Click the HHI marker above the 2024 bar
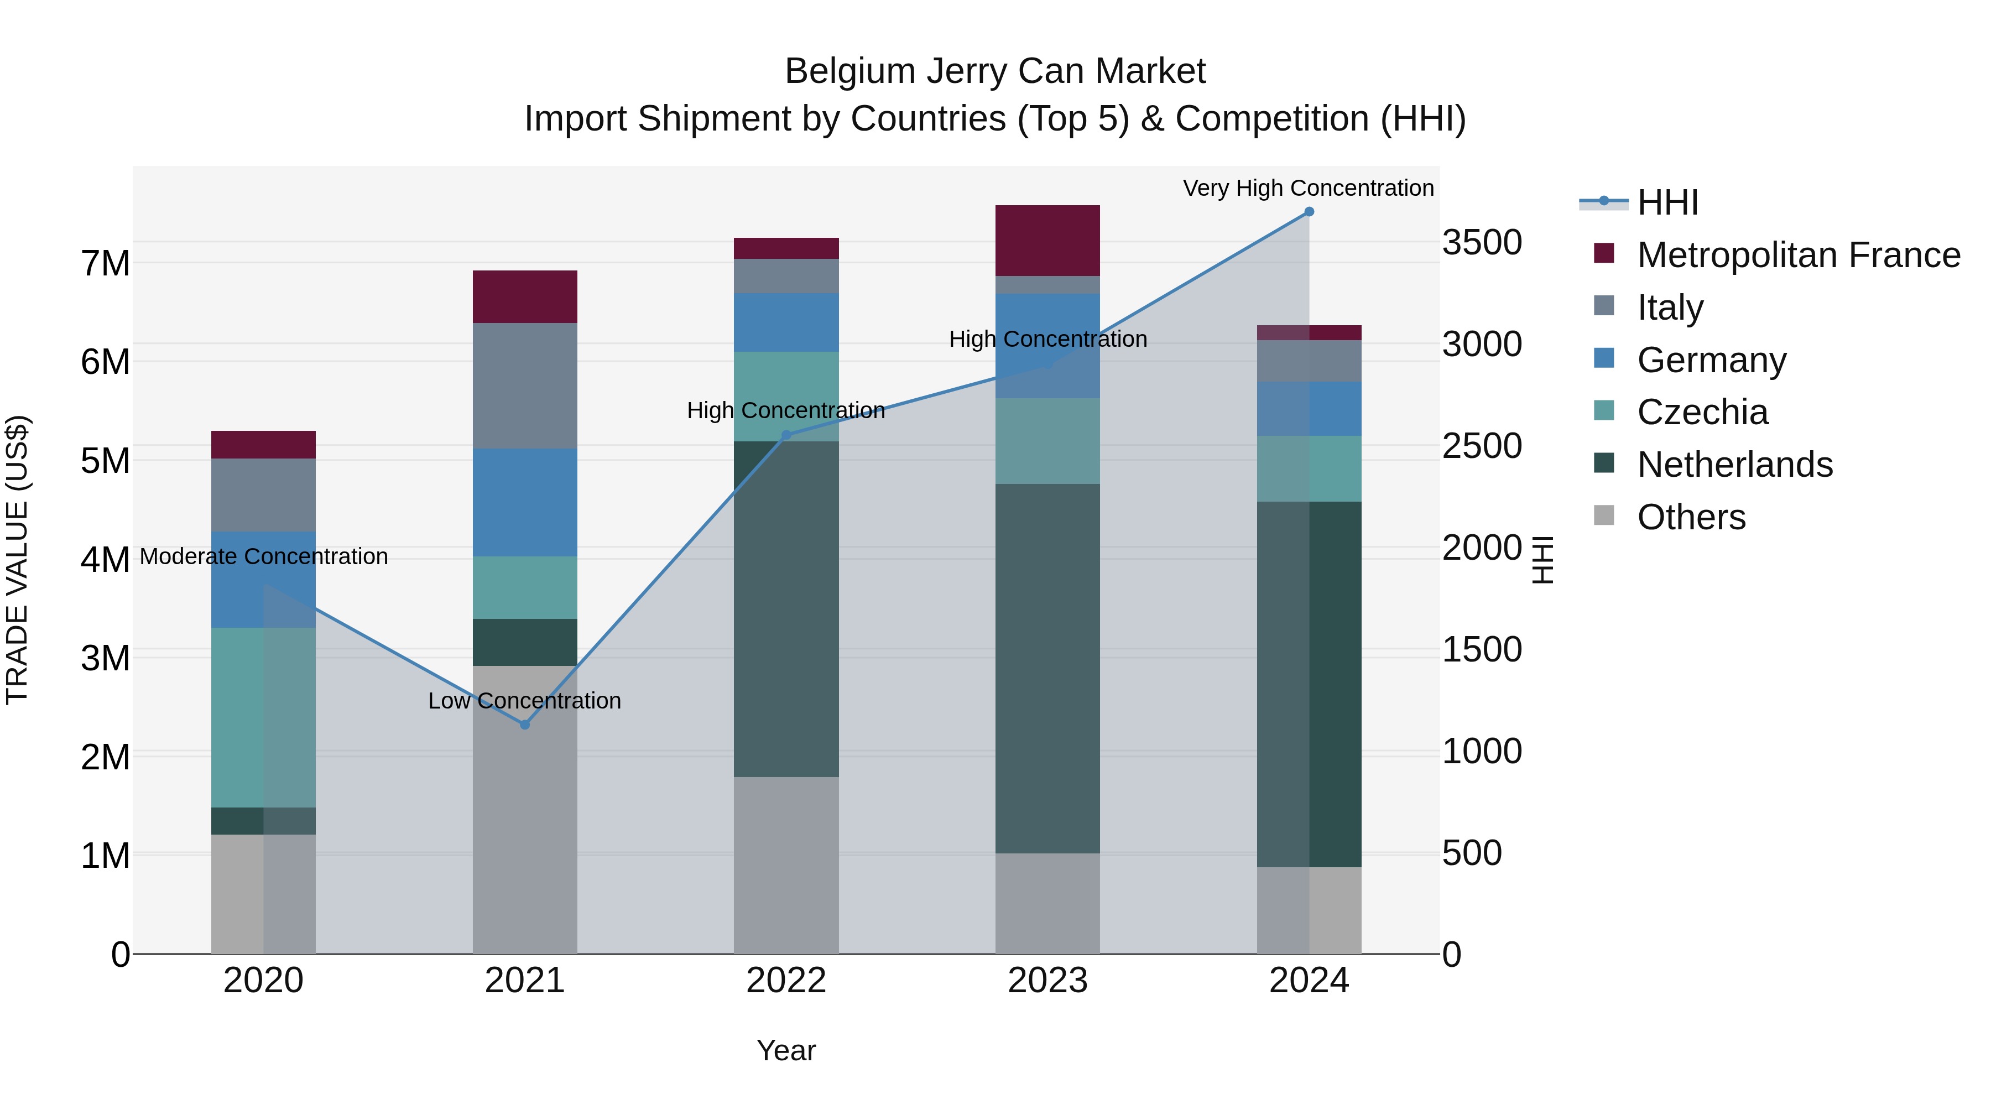coord(1309,211)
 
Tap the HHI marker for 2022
coord(786,435)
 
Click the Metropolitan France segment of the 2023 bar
coord(1047,241)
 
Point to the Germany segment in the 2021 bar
coord(525,502)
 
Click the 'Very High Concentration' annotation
coord(1308,188)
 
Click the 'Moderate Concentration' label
coord(264,556)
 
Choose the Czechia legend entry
coord(1702,412)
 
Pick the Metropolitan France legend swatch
coord(1604,253)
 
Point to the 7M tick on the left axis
coord(105,263)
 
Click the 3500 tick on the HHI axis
coord(1482,242)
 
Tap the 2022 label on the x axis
coord(786,981)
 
